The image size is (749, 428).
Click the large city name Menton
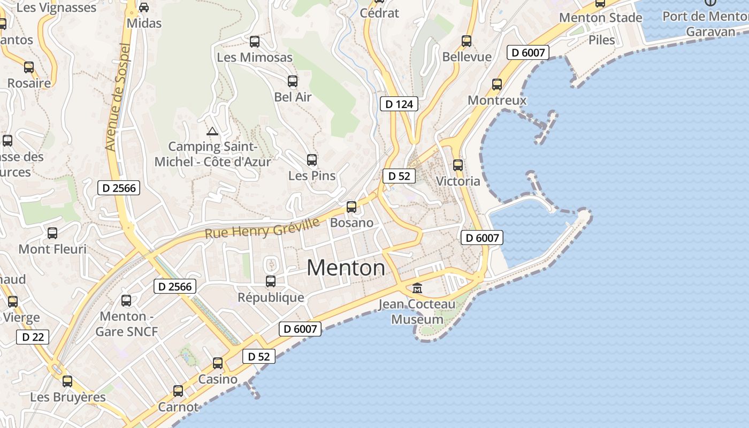(346, 267)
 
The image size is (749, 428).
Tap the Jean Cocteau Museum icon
(417, 288)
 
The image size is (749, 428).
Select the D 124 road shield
(399, 104)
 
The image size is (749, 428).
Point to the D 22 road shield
(33, 337)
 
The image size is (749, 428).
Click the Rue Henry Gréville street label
(262, 228)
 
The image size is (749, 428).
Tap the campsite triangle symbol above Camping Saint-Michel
(212, 131)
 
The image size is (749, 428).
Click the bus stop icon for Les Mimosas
(255, 41)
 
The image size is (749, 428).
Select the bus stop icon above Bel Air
(293, 81)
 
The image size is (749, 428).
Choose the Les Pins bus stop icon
(312, 159)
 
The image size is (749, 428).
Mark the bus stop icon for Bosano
(351, 207)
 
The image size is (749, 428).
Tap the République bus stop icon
(271, 281)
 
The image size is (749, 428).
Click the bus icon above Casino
(218, 363)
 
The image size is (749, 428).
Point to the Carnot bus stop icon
(178, 391)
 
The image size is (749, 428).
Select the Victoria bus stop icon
(457, 165)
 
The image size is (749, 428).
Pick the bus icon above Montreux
(497, 84)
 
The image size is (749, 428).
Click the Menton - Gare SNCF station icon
(126, 301)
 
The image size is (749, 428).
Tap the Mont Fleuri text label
(52, 249)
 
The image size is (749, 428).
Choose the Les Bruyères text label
(68, 398)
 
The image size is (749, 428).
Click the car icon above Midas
(144, 7)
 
